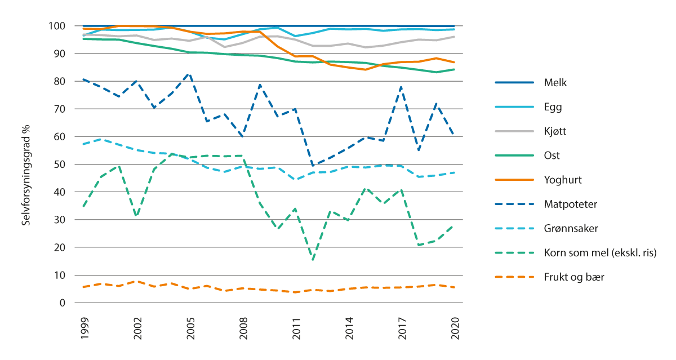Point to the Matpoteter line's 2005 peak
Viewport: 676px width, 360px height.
coord(190,74)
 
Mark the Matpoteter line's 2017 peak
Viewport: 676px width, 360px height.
coord(402,86)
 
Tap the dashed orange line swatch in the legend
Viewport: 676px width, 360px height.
coord(514,277)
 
